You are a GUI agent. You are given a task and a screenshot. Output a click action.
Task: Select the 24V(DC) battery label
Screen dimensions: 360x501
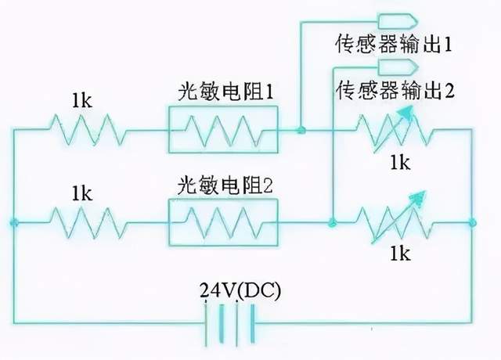240,290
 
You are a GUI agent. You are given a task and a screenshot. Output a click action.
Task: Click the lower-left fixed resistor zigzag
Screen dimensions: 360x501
85,222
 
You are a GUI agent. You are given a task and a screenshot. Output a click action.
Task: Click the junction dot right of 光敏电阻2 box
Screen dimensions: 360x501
333,223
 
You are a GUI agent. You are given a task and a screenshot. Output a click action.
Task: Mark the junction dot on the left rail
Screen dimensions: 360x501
14,223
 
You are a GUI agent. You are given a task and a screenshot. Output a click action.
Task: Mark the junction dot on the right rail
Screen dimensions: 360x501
473,223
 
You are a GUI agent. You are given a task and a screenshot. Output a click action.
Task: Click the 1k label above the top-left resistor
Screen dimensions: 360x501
82,100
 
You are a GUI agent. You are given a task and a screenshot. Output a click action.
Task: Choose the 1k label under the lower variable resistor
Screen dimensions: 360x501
400,253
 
